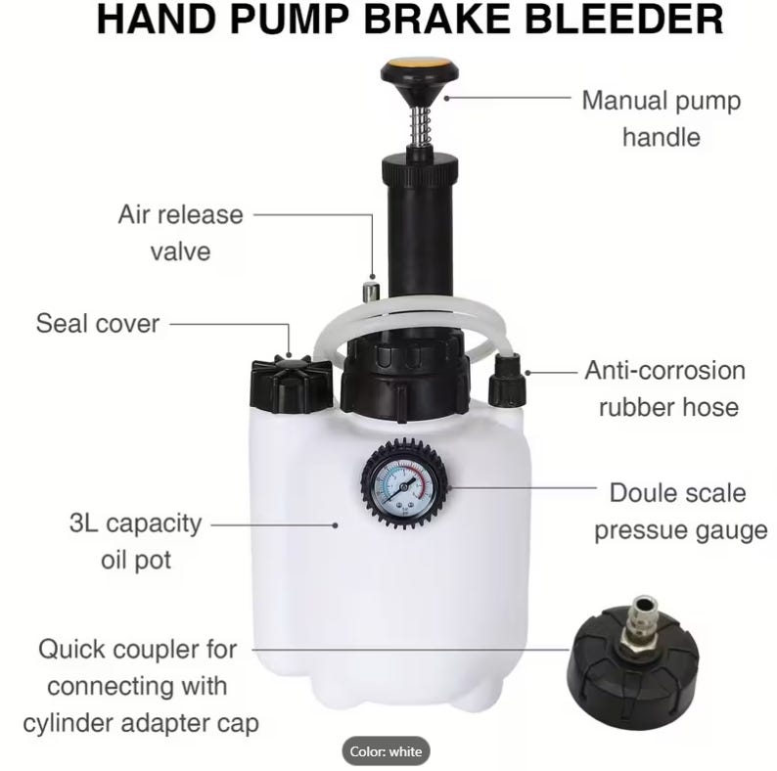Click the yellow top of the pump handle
[x=419, y=65]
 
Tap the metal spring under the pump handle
[x=420, y=127]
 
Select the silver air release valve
[x=370, y=291]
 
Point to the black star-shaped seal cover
[x=291, y=384]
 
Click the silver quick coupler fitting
[x=640, y=625]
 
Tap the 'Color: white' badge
[x=386, y=751]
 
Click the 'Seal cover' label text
[x=98, y=324]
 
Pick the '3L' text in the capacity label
[x=84, y=522]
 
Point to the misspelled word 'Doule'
[x=639, y=493]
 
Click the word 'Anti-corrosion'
[x=665, y=371]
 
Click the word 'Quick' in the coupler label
[x=75, y=650]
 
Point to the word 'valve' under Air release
[x=180, y=251]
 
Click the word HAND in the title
[x=158, y=20]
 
